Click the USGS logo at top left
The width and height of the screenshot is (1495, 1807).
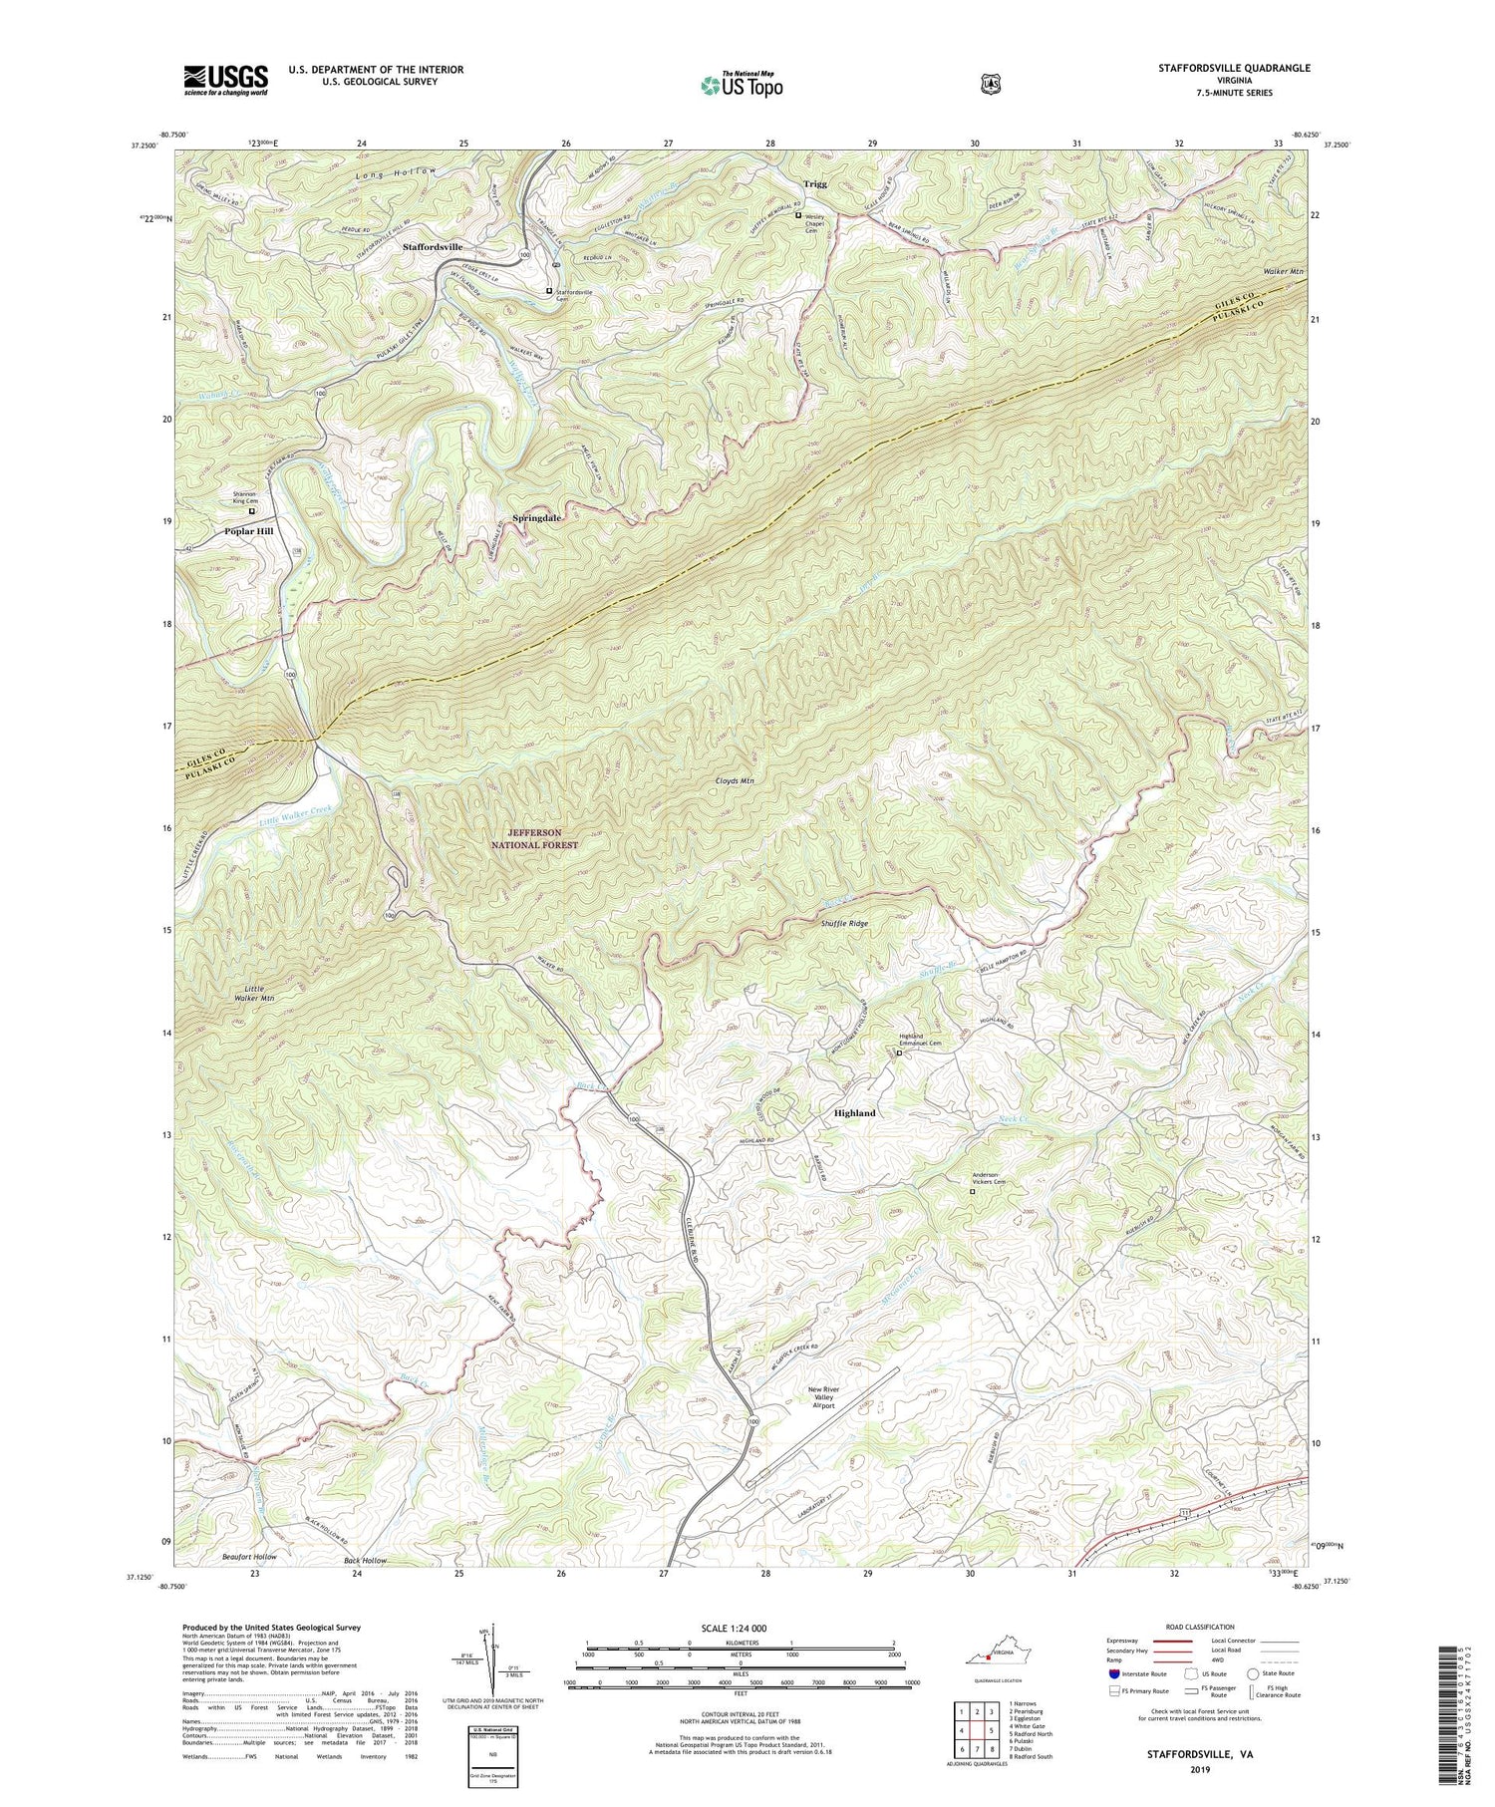tap(225, 80)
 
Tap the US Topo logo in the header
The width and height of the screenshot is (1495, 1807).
tap(742, 85)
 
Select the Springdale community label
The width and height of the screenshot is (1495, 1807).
tap(537, 518)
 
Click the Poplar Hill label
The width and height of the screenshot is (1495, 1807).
tap(248, 531)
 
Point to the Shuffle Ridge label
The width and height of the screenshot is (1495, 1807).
tap(844, 924)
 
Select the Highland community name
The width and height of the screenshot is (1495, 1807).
tap(854, 1112)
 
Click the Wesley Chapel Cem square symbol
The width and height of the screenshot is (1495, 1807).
tap(797, 215)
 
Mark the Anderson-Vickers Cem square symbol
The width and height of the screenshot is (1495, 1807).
tap(973, 1191)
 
